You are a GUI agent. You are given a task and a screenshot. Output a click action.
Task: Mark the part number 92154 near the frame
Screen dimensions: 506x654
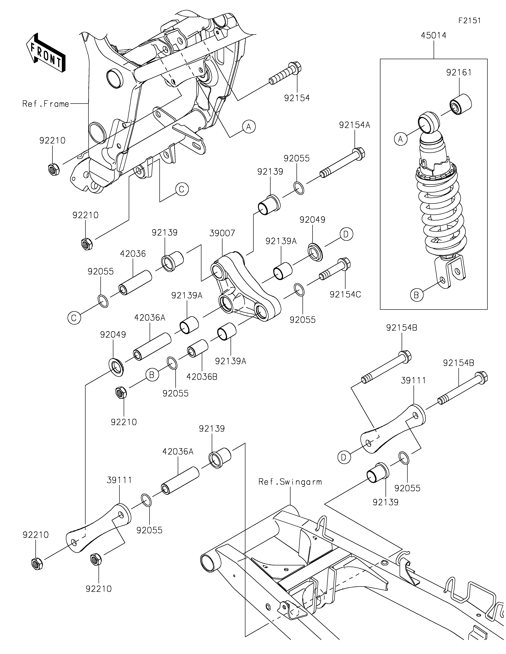pyautogui.click(x=297, y=98)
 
